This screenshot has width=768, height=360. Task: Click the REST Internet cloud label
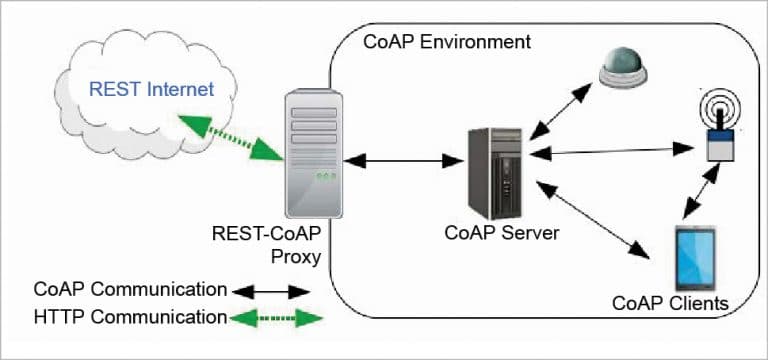click(151, 90)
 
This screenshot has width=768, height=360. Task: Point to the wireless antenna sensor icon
click(719, 123)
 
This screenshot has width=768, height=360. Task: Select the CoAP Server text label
click(502, 233)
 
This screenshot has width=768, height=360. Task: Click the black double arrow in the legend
click(272, 292)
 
